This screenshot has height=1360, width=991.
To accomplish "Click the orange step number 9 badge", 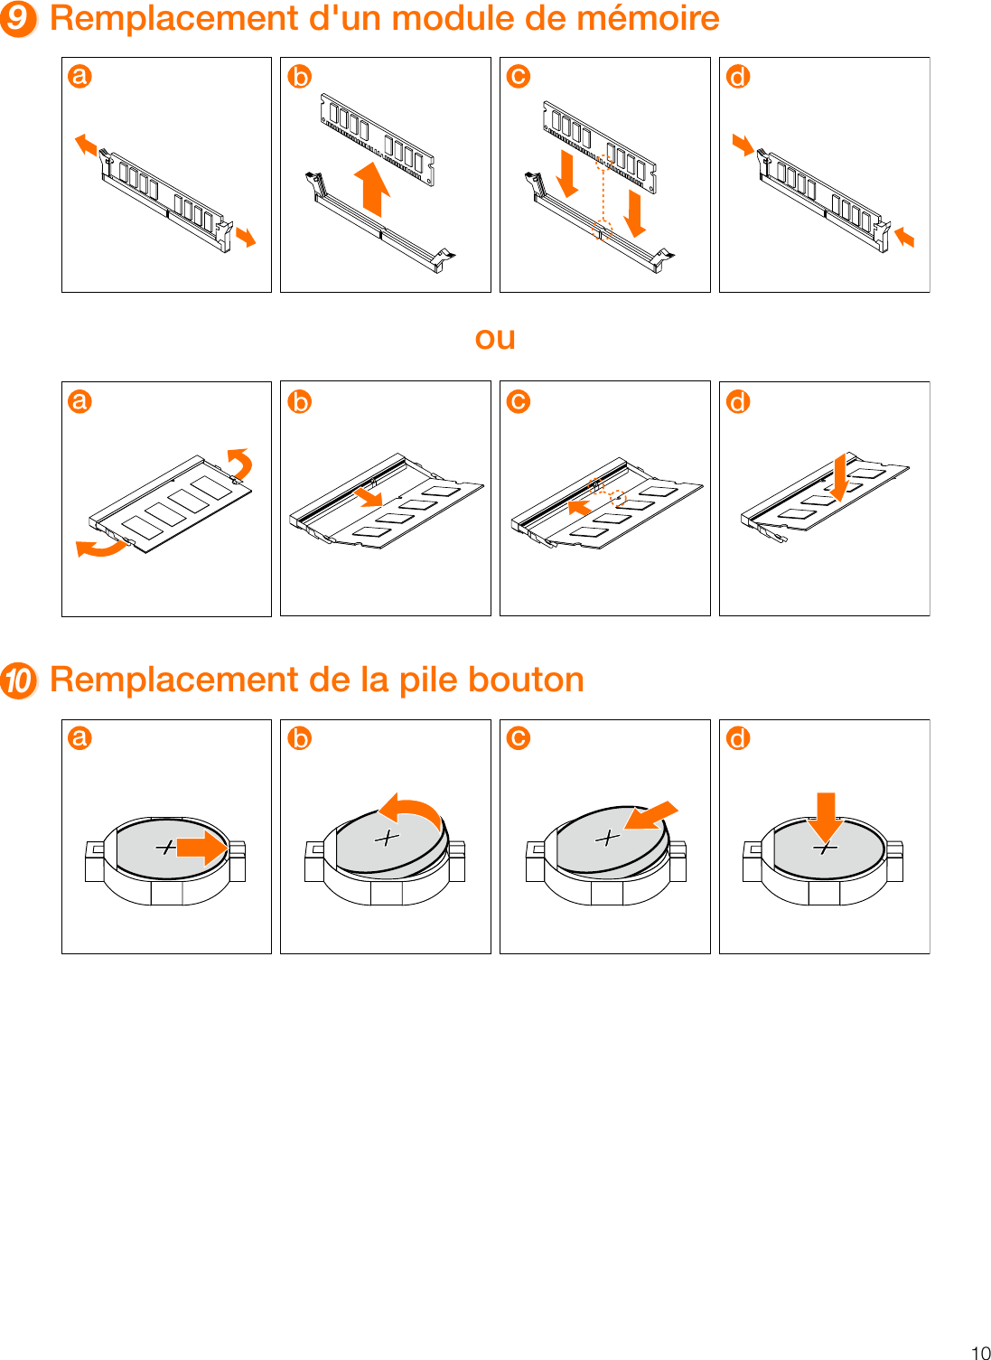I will point(18,19).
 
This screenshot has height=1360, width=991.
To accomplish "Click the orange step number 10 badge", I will point(18,680).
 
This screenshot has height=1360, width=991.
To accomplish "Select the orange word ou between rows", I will point(495,338).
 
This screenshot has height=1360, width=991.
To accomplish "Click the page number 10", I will point(980,1352).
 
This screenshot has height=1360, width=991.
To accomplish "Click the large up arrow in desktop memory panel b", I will point(371,188).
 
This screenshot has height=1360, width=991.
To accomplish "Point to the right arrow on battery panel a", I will point(202,848).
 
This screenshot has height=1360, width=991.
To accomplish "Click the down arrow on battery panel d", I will point(825,816).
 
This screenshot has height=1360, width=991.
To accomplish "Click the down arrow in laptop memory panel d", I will point(839,477).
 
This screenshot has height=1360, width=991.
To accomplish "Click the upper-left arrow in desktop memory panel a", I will point(86,144).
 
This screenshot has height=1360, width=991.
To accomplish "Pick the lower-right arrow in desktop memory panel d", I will point(903,238).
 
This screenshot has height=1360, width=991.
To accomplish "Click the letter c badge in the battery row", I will point(519,738).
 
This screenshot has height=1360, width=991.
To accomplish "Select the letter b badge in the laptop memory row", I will point(299,401).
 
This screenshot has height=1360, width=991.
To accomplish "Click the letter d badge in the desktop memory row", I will point(738,77).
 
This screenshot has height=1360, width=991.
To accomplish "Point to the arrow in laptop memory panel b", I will point(369,496).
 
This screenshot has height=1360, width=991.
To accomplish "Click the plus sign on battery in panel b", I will point(387,838).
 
